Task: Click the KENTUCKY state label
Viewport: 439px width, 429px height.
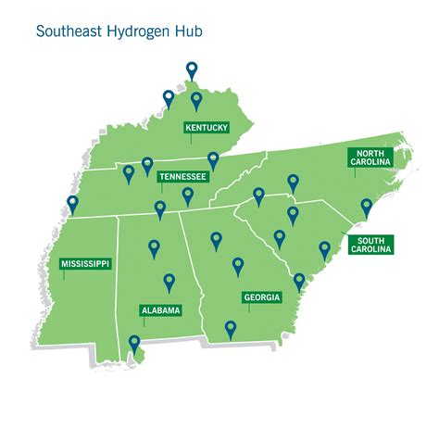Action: coord(207,128)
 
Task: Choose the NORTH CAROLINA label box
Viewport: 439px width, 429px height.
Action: coord(370,157)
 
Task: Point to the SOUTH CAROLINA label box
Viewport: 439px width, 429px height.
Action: coord(370,245)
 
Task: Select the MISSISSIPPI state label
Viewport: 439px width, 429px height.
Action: coord(85,264)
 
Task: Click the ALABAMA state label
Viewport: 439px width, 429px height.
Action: coord(159,310)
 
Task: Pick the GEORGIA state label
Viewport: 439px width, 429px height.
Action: coord(261,297)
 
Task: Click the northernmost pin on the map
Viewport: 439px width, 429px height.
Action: coord(192,69)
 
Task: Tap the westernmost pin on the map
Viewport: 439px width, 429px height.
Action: coord(72,204)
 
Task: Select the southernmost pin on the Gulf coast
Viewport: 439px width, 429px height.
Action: coord(135,344)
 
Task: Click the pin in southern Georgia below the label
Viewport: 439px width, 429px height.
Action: coord(231,328)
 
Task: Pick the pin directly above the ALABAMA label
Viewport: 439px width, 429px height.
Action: coord(169,282)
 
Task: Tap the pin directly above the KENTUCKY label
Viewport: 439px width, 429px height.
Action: coord(196,100)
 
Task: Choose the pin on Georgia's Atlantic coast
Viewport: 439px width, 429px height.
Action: coord(299,281)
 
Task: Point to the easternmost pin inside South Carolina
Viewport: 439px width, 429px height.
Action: coord(325,249)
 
